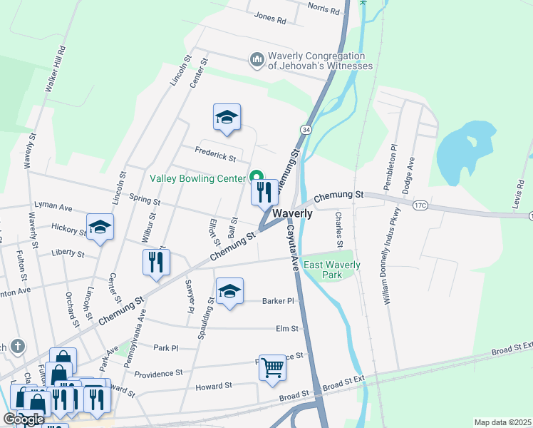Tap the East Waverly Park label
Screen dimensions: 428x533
pos(332,270)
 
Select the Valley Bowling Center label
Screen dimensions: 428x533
pos(197,178)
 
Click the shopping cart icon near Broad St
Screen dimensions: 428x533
pos(272,368)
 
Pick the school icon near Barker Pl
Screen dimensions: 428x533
pos(229,291)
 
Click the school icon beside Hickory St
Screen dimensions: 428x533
pos(100,228)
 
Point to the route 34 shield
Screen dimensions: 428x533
pos(305,130)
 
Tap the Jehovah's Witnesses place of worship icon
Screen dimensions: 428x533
pos(257,60)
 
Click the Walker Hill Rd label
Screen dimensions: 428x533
pos(56,69)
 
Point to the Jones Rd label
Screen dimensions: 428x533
pos(269,18)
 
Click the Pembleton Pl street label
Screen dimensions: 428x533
pos(392,163)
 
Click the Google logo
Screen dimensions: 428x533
pos(24,419)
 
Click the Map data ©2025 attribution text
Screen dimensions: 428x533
pos(502,422)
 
